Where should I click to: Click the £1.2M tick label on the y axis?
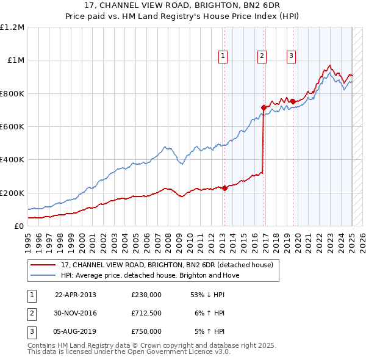click(12, 27)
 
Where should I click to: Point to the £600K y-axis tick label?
click(12, 127)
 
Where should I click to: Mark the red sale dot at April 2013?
click(224, 188)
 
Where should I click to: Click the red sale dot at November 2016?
click(264, 108)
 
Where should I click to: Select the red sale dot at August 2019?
click(293, 101)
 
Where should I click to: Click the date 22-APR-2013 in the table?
click(76, 294)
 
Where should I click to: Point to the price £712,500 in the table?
click(146, 313)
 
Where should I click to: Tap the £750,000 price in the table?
click(146, 331)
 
